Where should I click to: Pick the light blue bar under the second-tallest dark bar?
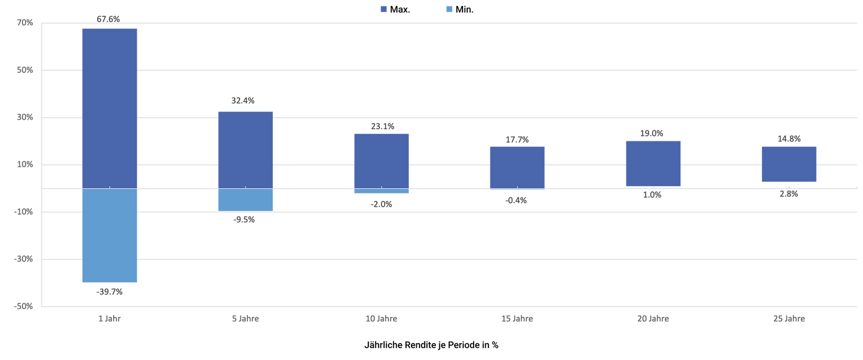[246, 200]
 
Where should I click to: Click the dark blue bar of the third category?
[382, 161]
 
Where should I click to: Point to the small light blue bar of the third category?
[382, 197]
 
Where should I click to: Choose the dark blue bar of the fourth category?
[517, 167]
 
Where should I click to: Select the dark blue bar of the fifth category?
[653, 163]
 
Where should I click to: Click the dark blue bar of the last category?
[789, 166]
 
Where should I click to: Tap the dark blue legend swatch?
[384, 14]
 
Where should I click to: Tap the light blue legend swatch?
[450, 14]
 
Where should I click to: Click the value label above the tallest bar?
[109, 19]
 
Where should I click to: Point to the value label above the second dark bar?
[243, 101]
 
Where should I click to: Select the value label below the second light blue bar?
[245, 219]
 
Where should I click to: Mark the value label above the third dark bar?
[383, 127]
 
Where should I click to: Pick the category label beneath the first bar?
[109, 318]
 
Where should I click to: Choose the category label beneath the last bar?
[789, 318]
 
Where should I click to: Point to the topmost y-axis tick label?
[26, 25]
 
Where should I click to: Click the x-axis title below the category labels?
[431, 347]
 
